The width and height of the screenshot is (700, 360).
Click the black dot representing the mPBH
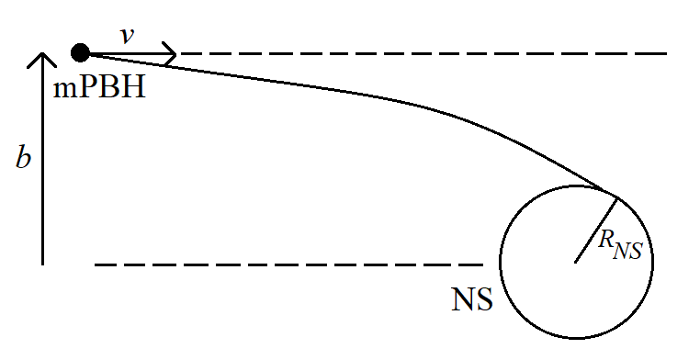point(81,53)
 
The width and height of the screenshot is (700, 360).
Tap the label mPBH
point(100,90)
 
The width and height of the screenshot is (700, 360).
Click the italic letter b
point(24,157)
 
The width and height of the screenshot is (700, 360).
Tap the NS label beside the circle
point(472,300)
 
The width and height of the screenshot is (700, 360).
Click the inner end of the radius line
point(576,263)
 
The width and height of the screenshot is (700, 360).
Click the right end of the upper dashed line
point(665,53)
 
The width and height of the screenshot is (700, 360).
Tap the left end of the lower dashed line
point(96,264)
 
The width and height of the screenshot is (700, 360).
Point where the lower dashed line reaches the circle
point(499,264)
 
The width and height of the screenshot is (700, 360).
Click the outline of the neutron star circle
point(653,262)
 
